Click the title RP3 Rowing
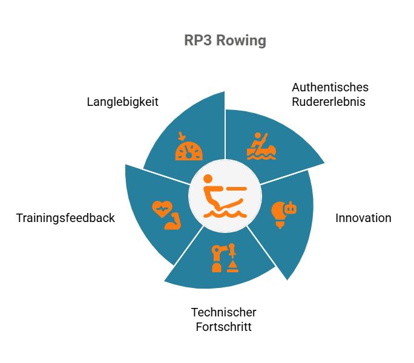(x=225, y=41)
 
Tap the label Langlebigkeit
(x=122, y=102)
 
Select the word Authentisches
(x=330, y=87)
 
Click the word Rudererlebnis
(x=329, y=102)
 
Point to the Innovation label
(x=363, y=218)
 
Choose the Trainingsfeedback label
(x=65, y=218)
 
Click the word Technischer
(x=223, y=312)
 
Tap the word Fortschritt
(x=223, y=327)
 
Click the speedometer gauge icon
(x=189, y=151)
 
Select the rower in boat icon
(x=261, y=146)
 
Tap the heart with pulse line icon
(x=162, y=209)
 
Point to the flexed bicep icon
(x=173, y=221)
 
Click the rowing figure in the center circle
(x=225, y=196)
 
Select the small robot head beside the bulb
(x=291, y=208)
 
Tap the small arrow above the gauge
(x=182, y=136)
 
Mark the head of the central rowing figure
(x=208, y=178)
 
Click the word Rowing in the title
(x=241, y=41)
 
